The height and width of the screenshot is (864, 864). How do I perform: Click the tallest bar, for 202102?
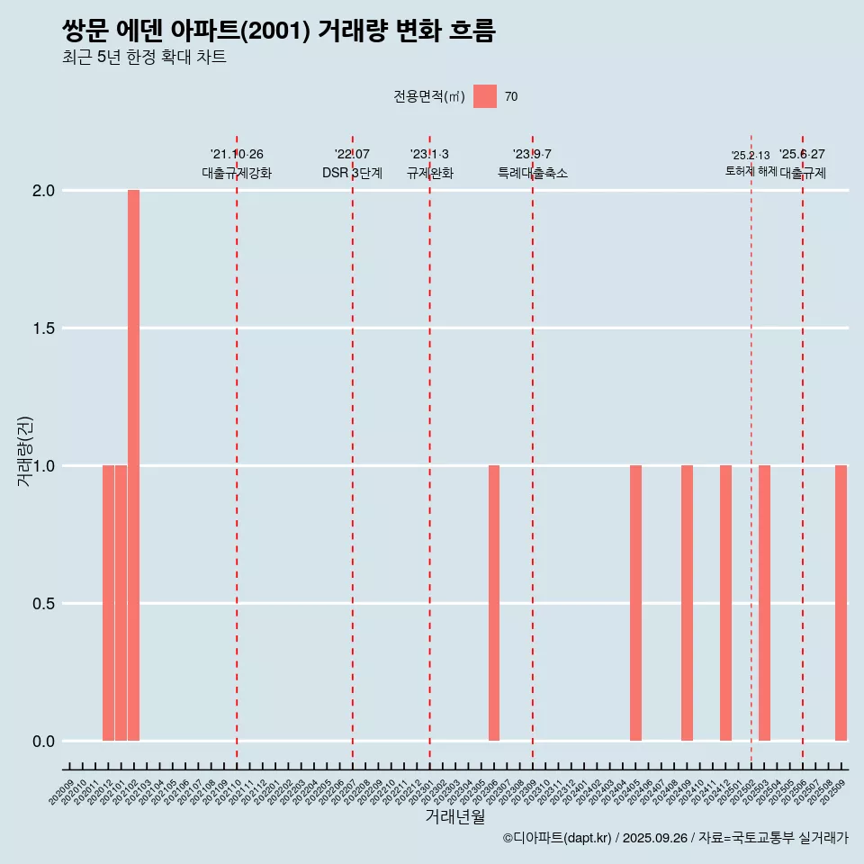tap(133, 465)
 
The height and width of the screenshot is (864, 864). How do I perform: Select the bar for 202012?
tap(108, 603)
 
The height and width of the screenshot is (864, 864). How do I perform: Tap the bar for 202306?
tap(494, 603)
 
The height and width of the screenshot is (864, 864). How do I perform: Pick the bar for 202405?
tap(635, 603)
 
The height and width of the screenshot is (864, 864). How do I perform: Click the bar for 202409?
tap(687, 603)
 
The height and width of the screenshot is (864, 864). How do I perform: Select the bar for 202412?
tap(725, 603)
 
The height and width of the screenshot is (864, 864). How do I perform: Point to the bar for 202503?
tap(764, 603)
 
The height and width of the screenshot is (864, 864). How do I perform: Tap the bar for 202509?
tap(841, 603)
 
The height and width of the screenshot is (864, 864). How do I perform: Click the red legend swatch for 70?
tap(485, 96)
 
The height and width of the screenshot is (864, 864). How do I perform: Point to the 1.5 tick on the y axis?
tap(43, 328)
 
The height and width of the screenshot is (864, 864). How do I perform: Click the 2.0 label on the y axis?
tap(43, 191)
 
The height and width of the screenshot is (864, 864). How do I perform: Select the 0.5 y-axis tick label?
tap(43, 603)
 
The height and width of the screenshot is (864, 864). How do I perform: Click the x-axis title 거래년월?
tap(454, 817)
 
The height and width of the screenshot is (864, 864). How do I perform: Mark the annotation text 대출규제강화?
tap(236, 173)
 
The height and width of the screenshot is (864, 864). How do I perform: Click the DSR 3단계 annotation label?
tap(352, 173)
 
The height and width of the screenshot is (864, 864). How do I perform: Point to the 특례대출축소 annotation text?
tap(533, 173)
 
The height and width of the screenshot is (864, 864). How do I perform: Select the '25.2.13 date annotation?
tap(751, 156)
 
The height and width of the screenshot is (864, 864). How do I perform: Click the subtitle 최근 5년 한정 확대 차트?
tap(144, 58)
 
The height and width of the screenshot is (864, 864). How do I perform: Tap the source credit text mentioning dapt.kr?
tap(675, 838)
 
